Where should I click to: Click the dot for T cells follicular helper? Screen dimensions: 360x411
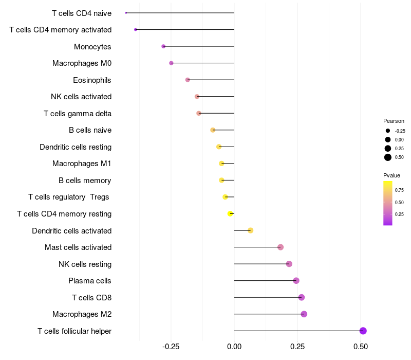[x=363, y=331]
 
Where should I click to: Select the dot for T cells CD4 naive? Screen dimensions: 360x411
[x=126, y=13]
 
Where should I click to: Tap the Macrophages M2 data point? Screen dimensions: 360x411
[x=304, y=314]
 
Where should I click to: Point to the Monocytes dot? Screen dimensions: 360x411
[x=163, y=46]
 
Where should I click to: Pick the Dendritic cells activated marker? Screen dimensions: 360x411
[x=250, y=230]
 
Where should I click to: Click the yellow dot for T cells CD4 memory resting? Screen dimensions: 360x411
[x=231, y=213]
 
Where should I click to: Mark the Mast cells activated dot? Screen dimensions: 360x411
[x=281, y=247]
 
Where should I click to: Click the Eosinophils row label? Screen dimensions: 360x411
[x=92, y=80]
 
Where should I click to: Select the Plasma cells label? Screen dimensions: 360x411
[x=89, y=281]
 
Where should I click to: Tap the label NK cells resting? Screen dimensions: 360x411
[x=85, y=264]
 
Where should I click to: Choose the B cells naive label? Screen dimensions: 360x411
[x=90, y=130]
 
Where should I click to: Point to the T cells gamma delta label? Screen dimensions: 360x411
[x=78, y=114]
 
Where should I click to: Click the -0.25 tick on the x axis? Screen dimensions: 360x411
[x=171, y=347]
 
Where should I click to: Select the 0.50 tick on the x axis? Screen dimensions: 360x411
[x=361, y=347]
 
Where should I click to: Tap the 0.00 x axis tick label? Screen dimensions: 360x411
[x=234, y=347]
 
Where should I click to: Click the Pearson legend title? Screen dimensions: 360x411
[x=394, y=121]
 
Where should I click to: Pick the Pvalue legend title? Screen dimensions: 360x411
[x=392, y=176]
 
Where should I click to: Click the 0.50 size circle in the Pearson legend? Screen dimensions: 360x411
[x=388, y=157]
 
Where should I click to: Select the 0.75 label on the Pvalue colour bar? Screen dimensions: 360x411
[x=399, y=190]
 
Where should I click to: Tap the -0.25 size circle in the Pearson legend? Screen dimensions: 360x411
[x=388, y=131]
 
